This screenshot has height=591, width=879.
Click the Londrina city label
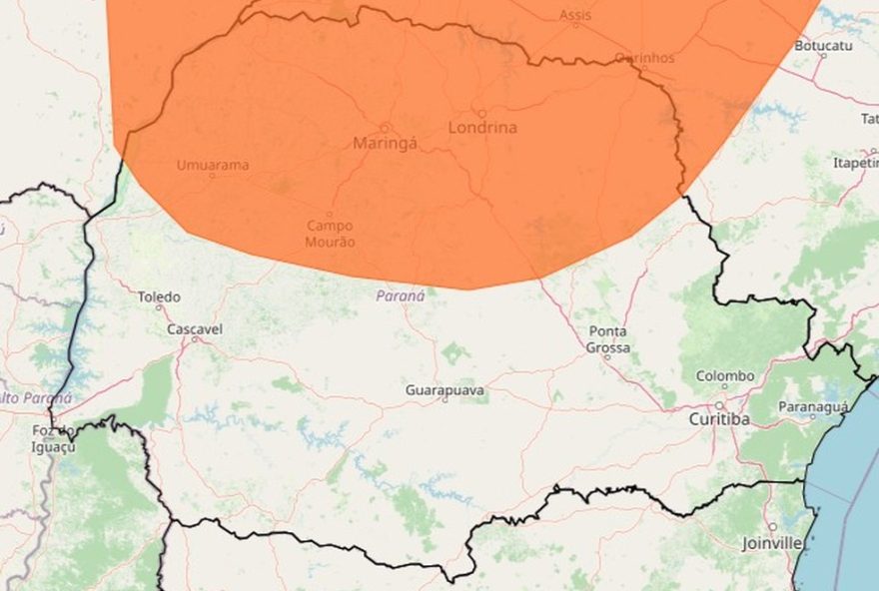(482, 128)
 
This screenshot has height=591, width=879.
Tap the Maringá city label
(385, 144)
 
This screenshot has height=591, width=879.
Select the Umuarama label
(213, 165)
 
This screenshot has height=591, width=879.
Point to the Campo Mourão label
(330, 233)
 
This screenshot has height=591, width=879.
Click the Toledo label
(159, 296)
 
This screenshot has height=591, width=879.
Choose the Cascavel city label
(195, 328)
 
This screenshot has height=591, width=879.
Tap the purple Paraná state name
(400, 295)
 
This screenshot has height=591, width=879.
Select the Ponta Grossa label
(608, 339)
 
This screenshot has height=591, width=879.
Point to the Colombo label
(724, 375)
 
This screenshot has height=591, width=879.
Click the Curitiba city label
(719, 419)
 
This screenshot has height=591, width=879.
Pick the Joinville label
(772, 543)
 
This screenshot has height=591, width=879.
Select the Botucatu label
(823, 45)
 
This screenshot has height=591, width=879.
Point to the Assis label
(575, 15)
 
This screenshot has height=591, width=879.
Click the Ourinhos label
(644, 58)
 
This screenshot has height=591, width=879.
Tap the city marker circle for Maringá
(385, 128)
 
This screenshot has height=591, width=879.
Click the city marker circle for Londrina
(480, 113)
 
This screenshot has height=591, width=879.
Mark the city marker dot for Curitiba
(719, 405)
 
